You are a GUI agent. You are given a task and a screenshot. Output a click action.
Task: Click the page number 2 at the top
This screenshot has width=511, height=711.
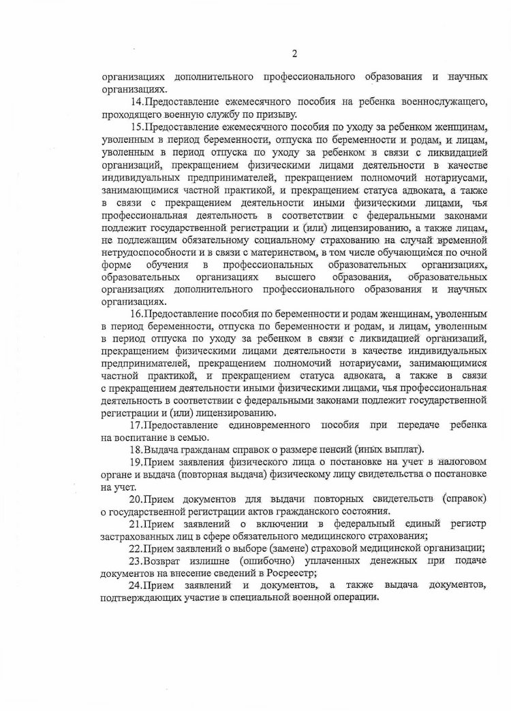click(294, 54)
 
